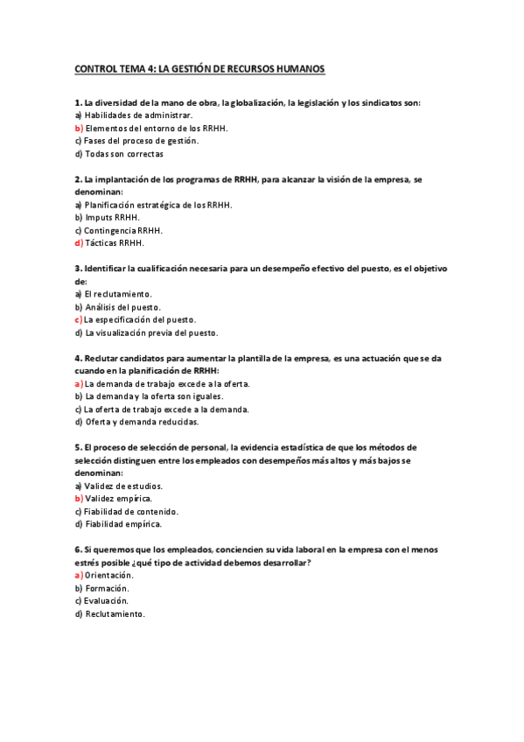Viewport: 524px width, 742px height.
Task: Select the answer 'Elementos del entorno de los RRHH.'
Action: click(156, 128)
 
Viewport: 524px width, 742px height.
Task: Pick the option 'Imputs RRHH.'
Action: click(111, 217)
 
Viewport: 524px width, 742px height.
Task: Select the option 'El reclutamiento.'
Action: click(118, 294)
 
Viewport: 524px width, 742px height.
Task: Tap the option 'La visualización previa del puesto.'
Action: click(150, 332)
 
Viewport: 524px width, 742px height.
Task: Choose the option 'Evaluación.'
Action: click(107, 601)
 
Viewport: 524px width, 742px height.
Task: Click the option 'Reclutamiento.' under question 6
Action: click(115, 614)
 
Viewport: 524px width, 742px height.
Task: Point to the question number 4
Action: click(78, 358)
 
